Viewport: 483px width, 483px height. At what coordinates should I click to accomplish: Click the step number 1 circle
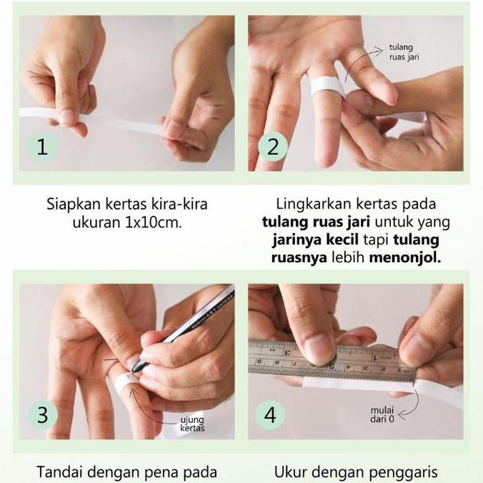[42, 148]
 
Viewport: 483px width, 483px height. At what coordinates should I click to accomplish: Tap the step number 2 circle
[273, 148]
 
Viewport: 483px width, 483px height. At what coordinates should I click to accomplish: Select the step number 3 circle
[42, 414]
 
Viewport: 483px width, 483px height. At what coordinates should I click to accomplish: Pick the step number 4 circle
[272, 414]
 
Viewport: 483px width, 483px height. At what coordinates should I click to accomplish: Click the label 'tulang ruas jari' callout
[404, 53]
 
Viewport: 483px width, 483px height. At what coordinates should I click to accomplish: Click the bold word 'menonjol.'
[405, 257]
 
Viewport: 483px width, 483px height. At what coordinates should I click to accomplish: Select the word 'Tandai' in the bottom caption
[59, 471]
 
